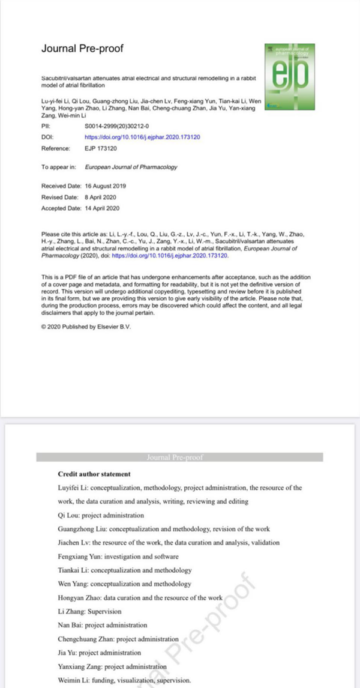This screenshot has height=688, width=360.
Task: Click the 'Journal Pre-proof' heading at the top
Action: click(x=82, y=49)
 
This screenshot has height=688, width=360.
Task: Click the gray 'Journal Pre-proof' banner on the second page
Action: click(x=179, y=457)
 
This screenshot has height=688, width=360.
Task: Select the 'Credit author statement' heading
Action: click(x=91, y=474)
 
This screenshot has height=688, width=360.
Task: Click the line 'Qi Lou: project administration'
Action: click(x=101, y=515)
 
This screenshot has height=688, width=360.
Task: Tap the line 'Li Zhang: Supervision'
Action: click(x=89, y=611)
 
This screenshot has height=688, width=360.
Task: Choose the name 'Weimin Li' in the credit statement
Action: click(x=73, y=680)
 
